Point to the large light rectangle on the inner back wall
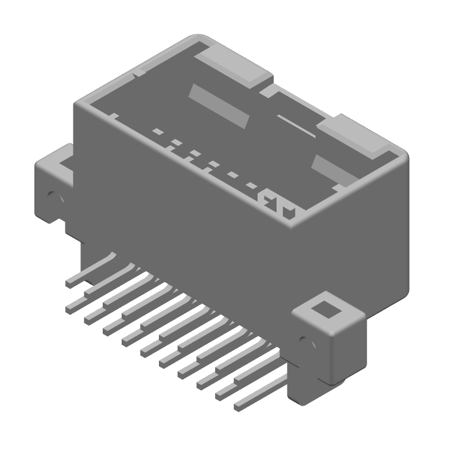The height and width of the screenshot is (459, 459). click(220, 107)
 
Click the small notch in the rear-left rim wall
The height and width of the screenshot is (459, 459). click(138, 73)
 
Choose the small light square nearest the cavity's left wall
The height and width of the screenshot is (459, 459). click(157, 131)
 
